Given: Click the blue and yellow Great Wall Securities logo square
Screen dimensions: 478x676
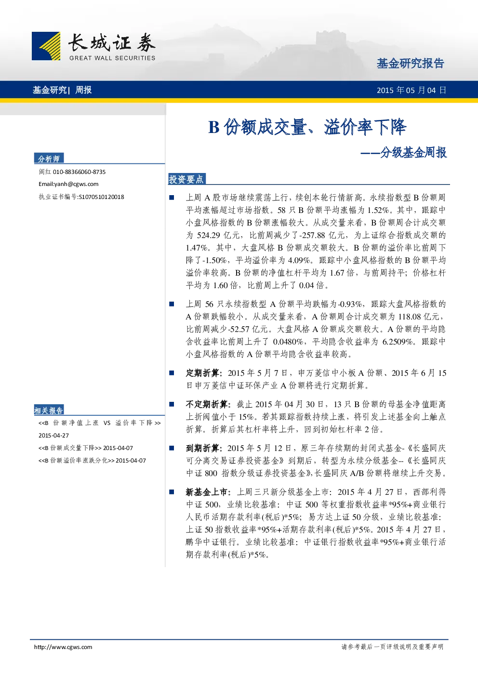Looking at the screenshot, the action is (46, 46).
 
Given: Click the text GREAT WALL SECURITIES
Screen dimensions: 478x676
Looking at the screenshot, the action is (112, 58).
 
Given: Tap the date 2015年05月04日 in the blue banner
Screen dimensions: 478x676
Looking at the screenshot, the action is (412, 90).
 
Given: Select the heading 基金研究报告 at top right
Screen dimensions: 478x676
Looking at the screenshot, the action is (411, 64).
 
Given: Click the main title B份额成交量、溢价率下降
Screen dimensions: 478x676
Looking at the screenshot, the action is (307, 127).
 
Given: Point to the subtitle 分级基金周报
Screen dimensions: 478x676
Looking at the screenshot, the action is (413, 152).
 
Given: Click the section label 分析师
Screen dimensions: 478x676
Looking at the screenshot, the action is (49, 159).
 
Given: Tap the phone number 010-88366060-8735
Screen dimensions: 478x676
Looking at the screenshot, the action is (79, 172).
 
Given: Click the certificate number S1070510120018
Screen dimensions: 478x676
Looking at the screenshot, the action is (101, 197).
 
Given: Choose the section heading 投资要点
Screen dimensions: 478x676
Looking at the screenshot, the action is (186, 179).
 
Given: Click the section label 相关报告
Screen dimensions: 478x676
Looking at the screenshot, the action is (49, 411).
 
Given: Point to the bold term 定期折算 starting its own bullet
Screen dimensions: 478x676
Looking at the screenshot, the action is (202, 373).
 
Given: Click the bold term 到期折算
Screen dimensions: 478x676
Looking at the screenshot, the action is (202, 448).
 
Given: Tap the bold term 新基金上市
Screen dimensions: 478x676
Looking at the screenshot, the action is (206, 492).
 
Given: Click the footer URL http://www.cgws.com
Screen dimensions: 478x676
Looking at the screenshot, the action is (63, 647).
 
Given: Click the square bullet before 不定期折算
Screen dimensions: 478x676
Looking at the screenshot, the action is (172, 404).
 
